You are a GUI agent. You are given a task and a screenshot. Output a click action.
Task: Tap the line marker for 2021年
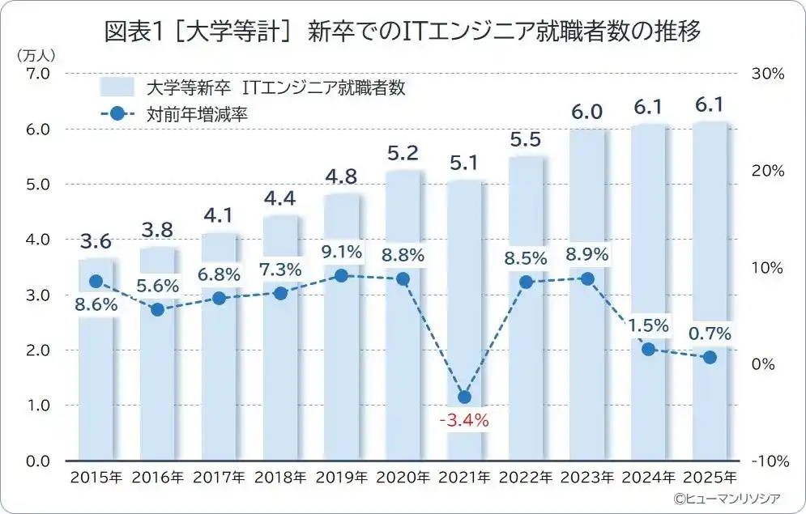pyautogui.click(x=464, y=397)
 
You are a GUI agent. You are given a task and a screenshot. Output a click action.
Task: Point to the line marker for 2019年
pyautogui.click(x=341, y=276)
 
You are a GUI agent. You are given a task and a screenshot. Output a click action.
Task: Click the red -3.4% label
pyautogui.click(x=464, y=420)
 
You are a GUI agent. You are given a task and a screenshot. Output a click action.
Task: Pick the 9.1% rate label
pyautogui.click(x=341, y=253)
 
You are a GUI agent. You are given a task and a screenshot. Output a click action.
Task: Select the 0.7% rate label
pyautogui.click(x=710, y=333)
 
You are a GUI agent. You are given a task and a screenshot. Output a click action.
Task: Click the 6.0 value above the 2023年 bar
pyautogui.click(x=586, y=113)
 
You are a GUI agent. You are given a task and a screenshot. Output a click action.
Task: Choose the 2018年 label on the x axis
pyautogui.click(x=280, y=477)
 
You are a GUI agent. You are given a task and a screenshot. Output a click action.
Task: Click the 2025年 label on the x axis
pyautogui.click(x=710, y=477)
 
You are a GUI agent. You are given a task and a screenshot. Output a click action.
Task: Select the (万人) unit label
pyautogui.click(x=35, y=55)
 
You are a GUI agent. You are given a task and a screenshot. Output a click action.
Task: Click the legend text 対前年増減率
pyautogui.click(x=197, y=114)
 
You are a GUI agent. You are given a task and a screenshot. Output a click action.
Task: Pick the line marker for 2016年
pyautogui.click(x=158, y=309)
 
